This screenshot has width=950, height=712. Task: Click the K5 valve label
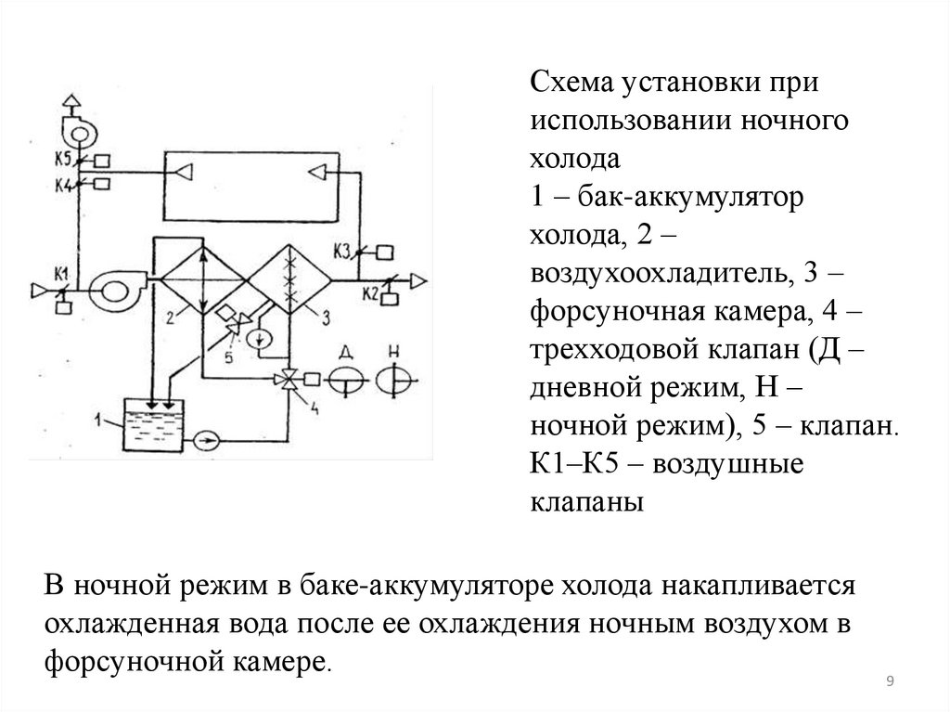63,159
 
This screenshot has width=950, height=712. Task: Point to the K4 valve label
63,184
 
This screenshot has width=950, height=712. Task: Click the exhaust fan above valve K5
77,130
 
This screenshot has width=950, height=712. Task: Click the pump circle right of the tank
208,435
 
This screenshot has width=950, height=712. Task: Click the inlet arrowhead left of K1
39,292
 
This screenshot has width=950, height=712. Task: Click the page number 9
891,683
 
